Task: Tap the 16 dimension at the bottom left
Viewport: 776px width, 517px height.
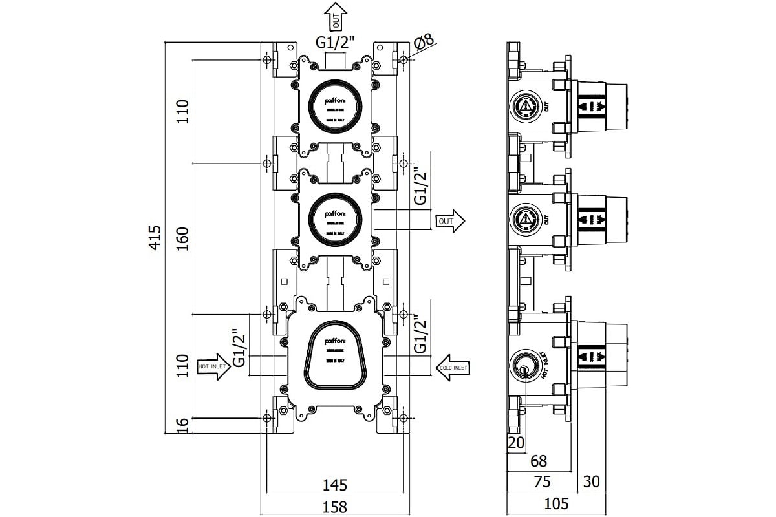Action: click(x=183, y=425)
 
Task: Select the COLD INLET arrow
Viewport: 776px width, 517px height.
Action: click(x=452, y=366)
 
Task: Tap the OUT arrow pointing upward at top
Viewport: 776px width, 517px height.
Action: click(x=336, y=16)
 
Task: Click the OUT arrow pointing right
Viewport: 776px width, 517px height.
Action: click(x=450, y=221)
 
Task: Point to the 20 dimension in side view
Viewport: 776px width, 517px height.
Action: click(x=516, y=442)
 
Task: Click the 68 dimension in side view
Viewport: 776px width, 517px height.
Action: click(x=539, y=461)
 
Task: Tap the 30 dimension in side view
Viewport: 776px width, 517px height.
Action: click(x=591, y=482)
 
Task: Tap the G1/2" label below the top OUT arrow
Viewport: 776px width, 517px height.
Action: click(x=336, y=43)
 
